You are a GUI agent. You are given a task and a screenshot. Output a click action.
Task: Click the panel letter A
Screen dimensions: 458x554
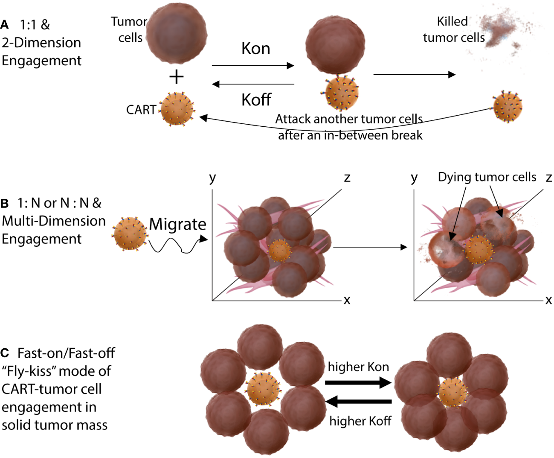tap(5, 25)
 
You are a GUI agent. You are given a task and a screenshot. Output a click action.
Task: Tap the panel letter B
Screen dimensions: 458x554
tap(5, 203)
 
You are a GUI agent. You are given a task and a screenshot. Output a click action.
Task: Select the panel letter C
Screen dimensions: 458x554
tap(5, 353)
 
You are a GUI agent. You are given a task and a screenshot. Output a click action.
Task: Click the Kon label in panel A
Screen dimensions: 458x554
tap(255, 49)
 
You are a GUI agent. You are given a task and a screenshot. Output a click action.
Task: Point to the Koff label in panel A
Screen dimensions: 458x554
tap(256, 100)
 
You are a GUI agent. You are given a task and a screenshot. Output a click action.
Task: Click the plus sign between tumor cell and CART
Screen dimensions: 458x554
tap(176, 77)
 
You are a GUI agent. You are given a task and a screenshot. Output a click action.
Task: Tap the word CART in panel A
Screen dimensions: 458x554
tap(141, 110)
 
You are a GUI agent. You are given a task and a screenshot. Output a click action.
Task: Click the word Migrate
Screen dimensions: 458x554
tap(177, 224)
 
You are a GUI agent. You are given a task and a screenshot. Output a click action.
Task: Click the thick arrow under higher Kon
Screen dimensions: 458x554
tap(358, 382)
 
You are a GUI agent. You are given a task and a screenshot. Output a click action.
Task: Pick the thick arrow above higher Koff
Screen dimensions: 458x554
tap(358, 402)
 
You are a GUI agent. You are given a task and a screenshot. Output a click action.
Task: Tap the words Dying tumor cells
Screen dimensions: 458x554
tap(487, 177)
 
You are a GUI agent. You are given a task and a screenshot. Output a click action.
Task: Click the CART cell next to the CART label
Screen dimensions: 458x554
tap(177, 109)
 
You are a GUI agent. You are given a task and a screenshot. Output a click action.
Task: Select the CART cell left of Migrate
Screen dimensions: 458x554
tap(130, 233)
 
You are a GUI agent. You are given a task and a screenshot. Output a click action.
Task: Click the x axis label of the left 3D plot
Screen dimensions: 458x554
tap(347, 300)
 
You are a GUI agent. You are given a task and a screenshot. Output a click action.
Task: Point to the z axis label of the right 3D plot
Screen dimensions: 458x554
tap(549, 178)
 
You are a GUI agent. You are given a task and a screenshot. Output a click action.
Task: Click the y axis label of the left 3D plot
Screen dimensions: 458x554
tap(212, 178)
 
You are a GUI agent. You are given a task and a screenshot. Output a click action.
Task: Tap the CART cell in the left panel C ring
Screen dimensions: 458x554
tap(263, 389)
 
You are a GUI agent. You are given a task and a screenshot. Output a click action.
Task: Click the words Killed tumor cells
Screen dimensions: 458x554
tap(453, 29)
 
